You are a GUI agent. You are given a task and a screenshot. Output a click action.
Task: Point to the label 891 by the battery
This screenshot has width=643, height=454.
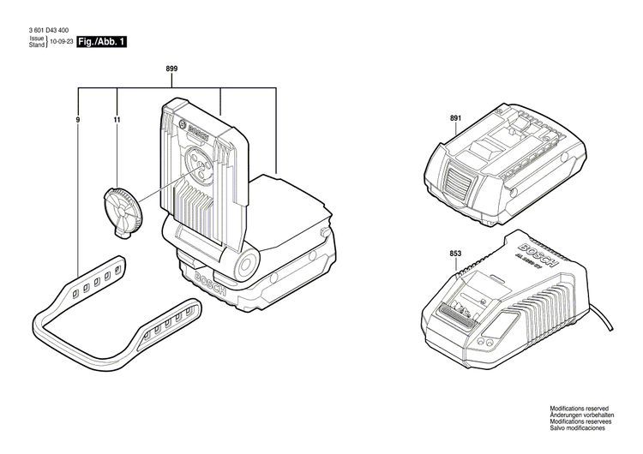coord(455,120)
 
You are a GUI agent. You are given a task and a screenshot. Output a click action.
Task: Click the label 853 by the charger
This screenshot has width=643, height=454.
coord(455,254)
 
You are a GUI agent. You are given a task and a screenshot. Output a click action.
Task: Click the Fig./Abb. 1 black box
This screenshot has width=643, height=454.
coord(101,42)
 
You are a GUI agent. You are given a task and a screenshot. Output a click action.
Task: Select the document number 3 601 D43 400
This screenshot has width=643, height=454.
coord(51,32)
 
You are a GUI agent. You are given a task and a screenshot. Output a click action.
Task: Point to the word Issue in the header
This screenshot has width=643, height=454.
coord(36,39)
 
